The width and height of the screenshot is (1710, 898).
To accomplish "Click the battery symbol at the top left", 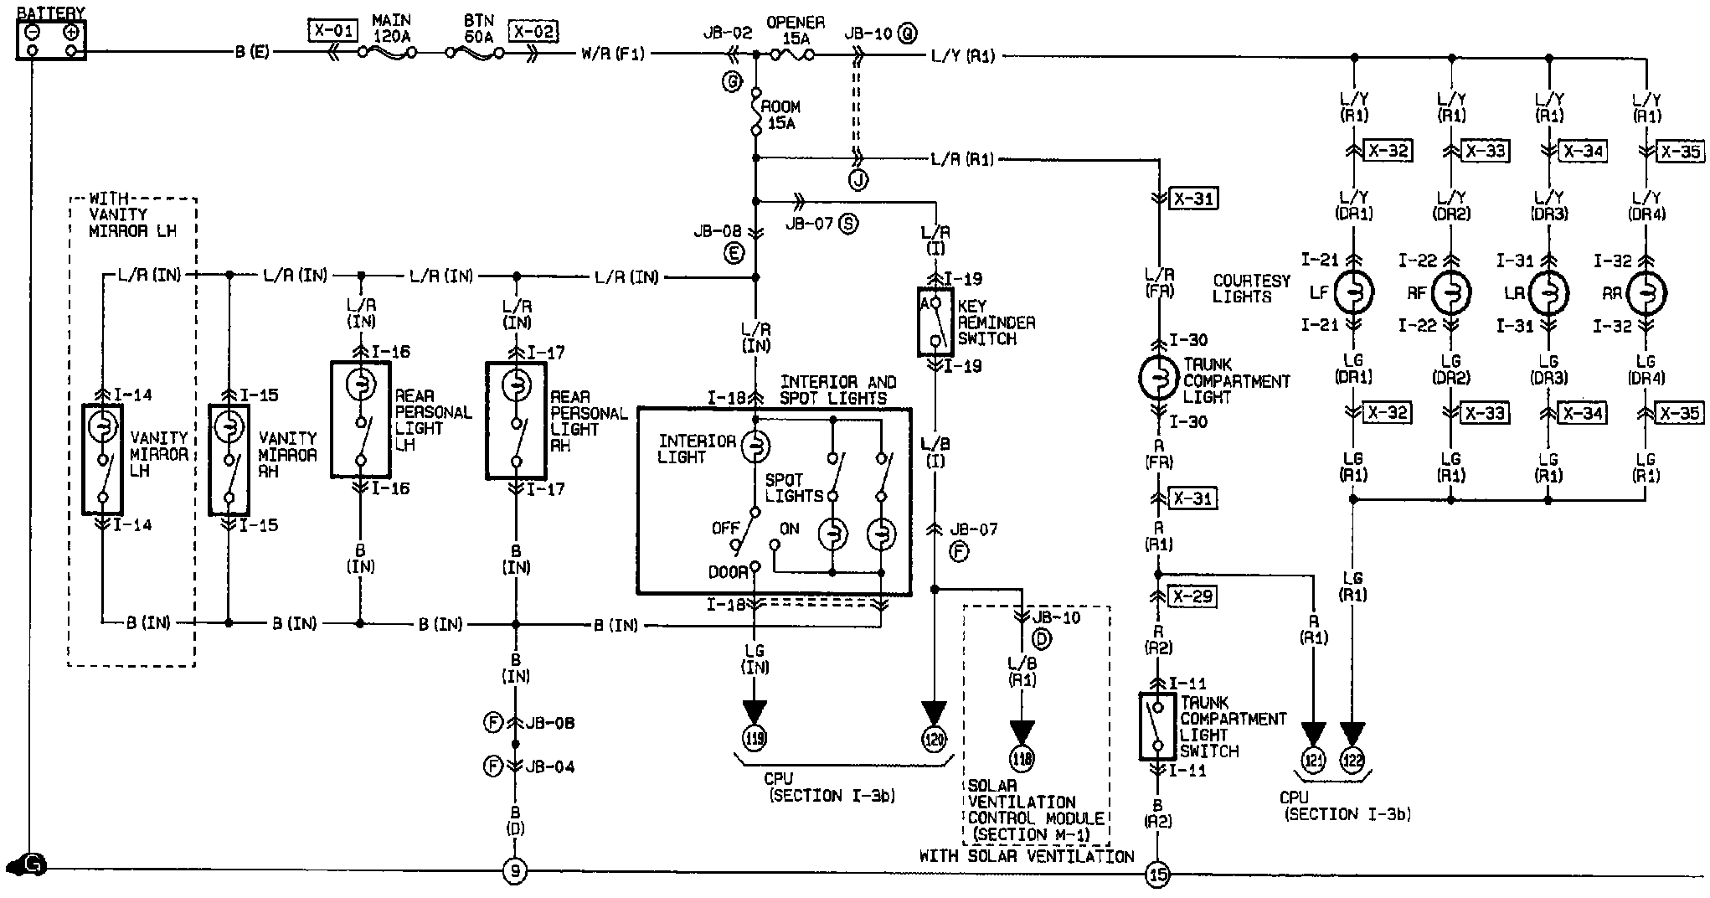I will [x=51, y=40].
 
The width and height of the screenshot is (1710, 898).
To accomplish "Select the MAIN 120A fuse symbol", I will [x=387, y=53].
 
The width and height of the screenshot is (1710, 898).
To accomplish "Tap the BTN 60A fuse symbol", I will [x=475, y=53].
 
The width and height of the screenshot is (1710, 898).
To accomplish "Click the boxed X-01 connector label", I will [x=332, y=32].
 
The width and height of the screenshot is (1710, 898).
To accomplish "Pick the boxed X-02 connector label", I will [x=534, y=32].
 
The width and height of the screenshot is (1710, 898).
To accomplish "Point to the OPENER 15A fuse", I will [x=791, y=54].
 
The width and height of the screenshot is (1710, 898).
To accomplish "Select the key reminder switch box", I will [x=935, y=322].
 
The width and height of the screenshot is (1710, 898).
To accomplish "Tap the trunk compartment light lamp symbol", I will [x=1160, y=379].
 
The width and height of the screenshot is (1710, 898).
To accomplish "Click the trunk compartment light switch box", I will [x=1158, y=726].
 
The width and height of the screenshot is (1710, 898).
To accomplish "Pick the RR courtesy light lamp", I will [x=1646, y=293].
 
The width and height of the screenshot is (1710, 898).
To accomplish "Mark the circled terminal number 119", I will [x=755, y=737].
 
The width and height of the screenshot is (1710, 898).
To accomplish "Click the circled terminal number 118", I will [x=1022, y=758].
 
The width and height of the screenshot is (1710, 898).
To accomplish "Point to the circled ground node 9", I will [x=515, y=873].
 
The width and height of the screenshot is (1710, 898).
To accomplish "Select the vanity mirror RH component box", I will [x=228, y=459].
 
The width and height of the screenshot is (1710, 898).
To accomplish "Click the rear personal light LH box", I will [x=360, y=419].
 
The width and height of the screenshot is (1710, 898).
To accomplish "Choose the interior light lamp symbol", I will [x=755, y=446].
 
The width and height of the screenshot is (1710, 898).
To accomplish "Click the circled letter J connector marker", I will [x=857, y=179].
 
